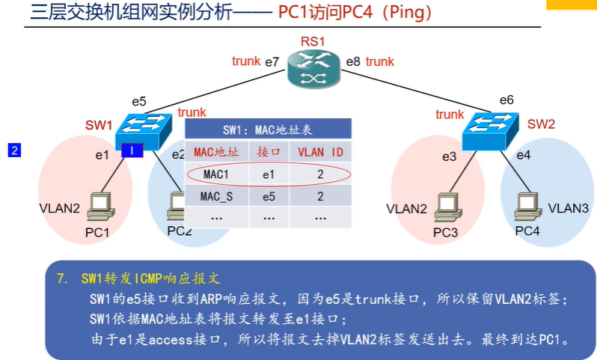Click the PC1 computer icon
[x=99, y=205]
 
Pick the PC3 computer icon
[x=447, y=205]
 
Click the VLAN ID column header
[x=320, y=152]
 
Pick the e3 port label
[x=448, y=156]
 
